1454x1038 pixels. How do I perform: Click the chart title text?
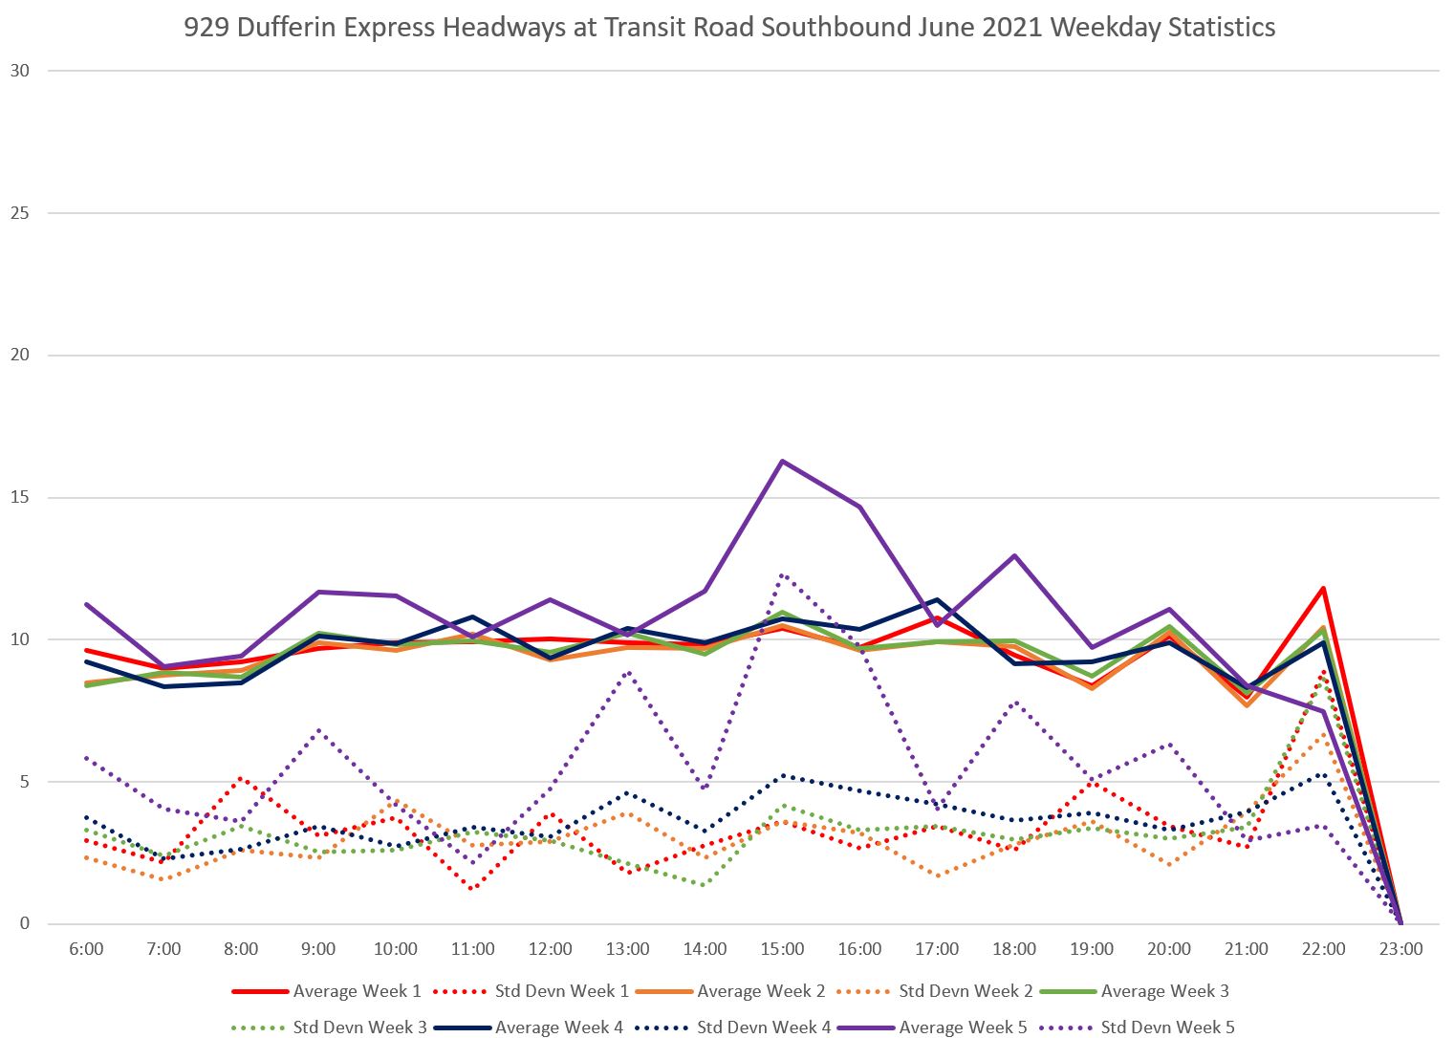pos(728,27)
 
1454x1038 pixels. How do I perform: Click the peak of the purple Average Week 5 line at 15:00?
pos(782,461)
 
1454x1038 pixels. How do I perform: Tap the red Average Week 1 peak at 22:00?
pos(1323,588)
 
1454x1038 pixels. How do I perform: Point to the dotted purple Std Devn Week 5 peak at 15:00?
pos(782,574)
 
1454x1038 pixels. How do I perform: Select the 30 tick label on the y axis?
pos(20,71)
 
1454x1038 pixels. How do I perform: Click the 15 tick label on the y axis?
pos(20,497)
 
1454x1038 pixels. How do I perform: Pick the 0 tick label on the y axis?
pos(25,923)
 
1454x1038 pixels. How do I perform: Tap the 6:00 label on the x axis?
pos(86,949)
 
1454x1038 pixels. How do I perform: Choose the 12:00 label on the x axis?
pos(550,949)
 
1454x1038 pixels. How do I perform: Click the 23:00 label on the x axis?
pos(1400,949)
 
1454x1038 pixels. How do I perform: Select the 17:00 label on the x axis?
pos(937,949)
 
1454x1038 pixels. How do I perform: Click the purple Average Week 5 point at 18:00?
pos(1014,555)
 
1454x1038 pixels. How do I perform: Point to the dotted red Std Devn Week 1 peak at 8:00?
pos(241,778)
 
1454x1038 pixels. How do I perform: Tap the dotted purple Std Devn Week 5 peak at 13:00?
pos(627,672)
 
